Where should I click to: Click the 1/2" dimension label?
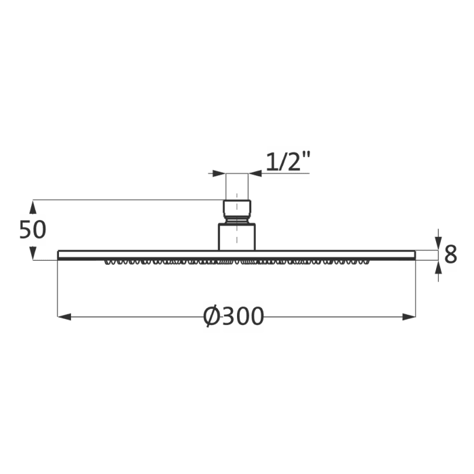pyautogui.click(x=287, y=162)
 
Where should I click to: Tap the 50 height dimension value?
pyautogui.click(x=33, y=230)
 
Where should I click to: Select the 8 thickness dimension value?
pyautogui.click(x=450, y=255)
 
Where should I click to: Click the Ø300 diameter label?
pyautogui.click(x=234, y=316)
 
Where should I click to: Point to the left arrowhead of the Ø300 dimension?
pyautogui.click(x=64, y=316)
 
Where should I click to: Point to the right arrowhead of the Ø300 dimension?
pyautogui.click(x=408, y=316)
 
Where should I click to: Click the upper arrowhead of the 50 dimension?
pyautogui.click(x=33, y=206)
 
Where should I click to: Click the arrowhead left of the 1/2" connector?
pyautogui.click(x=219, y=174)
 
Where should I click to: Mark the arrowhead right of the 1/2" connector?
pyautogui.click(x=255, y=174)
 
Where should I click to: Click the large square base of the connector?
pyautogui.click(x=236, y=237)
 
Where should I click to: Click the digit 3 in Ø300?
pyautogui.click(x=227, y=316)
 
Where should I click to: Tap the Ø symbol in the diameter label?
pyautogui.click(x=211, y=316)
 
